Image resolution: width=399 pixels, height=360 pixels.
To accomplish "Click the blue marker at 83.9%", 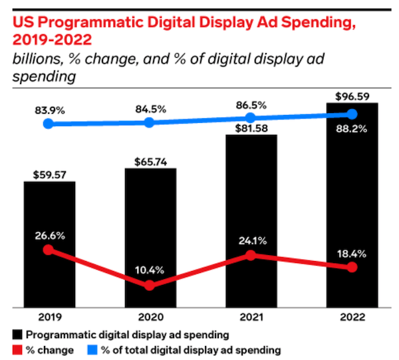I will [48, 124].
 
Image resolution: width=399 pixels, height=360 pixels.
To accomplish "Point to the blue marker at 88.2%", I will [352, 114].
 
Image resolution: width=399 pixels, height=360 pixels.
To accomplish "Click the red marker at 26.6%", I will [48, 250].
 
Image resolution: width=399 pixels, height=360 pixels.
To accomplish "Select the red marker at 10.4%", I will [150, 285].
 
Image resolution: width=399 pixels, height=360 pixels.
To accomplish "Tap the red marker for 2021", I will [251, 255].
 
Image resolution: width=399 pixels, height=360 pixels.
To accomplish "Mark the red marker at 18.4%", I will [352, 267].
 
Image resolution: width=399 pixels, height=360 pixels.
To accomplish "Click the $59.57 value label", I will [49, 175].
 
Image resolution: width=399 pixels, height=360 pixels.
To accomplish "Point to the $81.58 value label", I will [251, 129].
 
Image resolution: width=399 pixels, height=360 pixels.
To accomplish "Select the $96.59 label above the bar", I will [352, 96].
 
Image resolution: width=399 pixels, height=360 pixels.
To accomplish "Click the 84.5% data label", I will [150, 106].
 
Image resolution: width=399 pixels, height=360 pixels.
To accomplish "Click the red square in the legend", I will [16, 348].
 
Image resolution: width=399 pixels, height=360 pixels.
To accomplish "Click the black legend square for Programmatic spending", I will [16, 334].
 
